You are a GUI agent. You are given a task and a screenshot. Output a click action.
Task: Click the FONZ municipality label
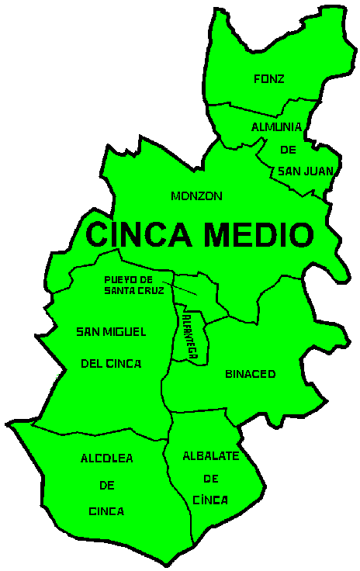(269, 78)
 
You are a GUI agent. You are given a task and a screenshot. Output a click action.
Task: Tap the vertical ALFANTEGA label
(190, 332)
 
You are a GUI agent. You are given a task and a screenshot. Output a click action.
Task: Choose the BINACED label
(250, 374)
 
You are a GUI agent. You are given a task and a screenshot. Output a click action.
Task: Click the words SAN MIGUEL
(111, 332)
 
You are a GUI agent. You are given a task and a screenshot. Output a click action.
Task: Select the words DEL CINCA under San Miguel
(111, 362)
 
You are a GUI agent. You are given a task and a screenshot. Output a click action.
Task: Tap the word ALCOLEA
(106, 459)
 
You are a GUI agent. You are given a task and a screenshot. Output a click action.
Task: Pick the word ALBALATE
(210, 455)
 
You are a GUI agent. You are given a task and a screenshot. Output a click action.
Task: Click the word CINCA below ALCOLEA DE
(106, 511)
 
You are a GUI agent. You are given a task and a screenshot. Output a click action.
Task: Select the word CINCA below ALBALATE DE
(209, 500)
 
